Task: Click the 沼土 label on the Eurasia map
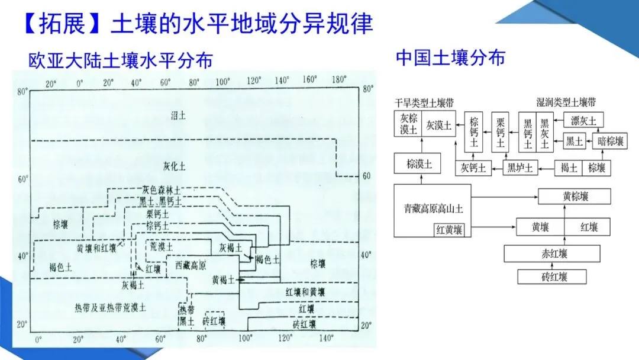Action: pyautogui.click(x=178, y=115)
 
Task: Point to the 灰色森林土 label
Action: pyautogui.click(x=161, y=190)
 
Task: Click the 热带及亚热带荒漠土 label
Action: pyautogui.click(x=110, y=306)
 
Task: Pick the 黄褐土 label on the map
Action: pyautogui.click(x=223, y=279)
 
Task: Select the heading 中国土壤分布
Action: pyautogui.click(x=450, y=58)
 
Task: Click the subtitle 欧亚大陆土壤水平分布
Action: pyautogui.click(x=121, y=61)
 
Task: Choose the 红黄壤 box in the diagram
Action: pyautogui.click(x=450, y=229)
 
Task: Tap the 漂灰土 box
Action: pyautogui.click(x=584, y=121)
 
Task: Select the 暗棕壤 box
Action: pyautogui.click(x=610, y=141)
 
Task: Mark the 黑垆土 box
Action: pyautogui.click(x=520, y=168)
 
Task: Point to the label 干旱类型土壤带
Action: pyautogui.click(x=425, y=102)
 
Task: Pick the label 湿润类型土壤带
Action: pyautogui.click(x=566, y=102)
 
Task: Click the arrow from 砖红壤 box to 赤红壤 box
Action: pyautogui.click(x=553, y=265)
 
